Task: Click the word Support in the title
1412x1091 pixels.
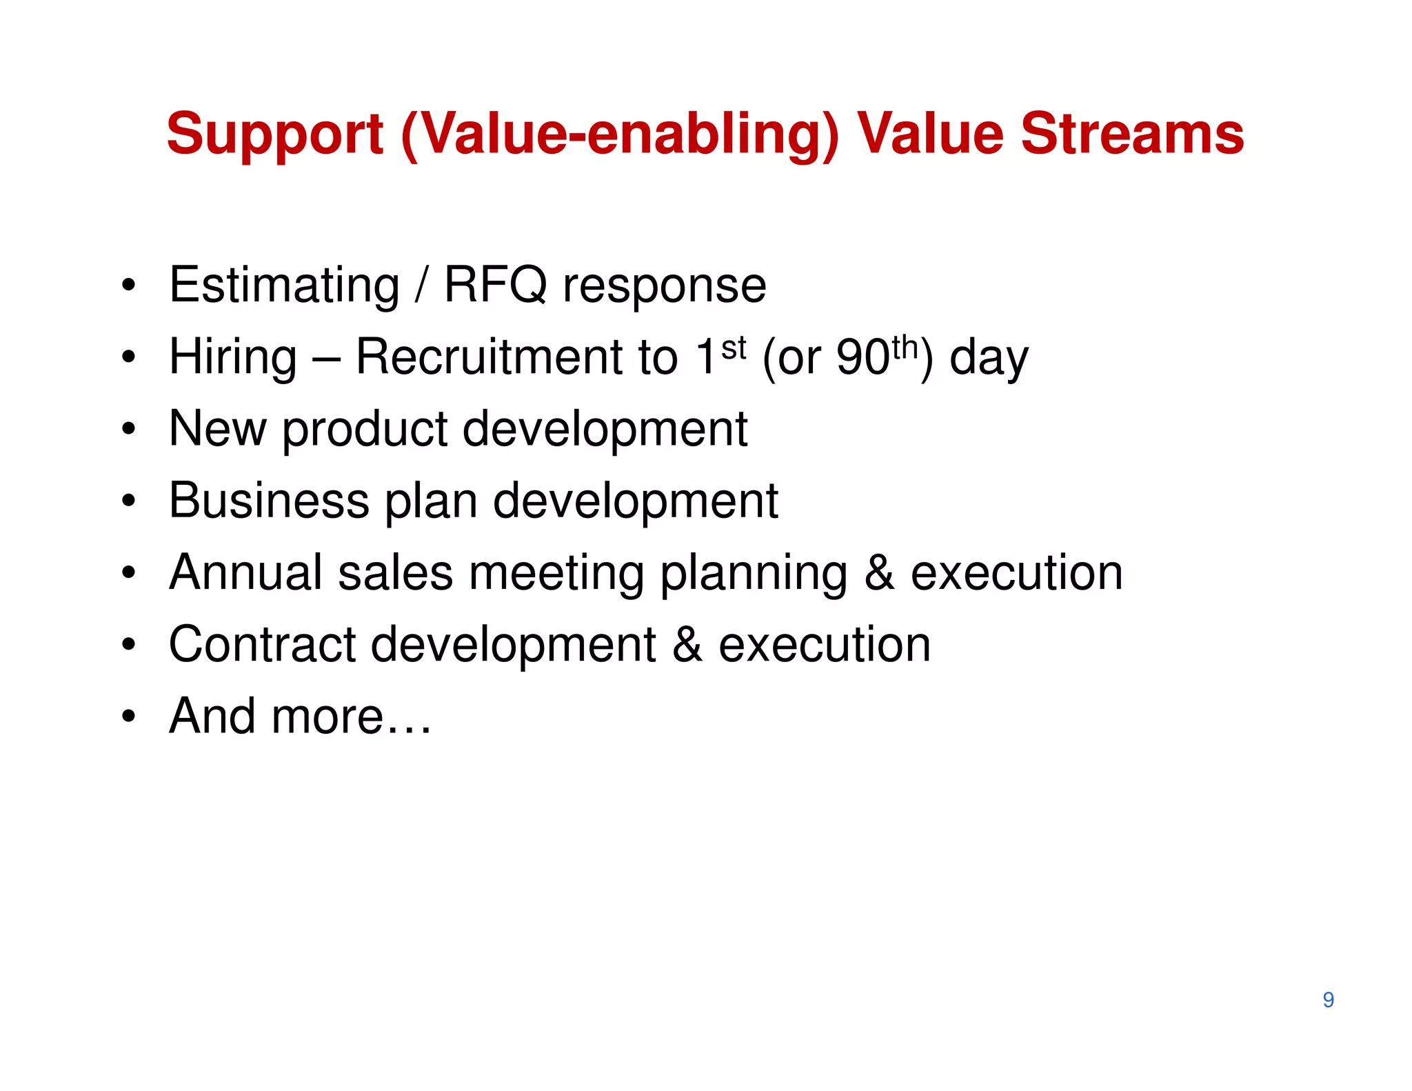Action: click(x=274, y=135)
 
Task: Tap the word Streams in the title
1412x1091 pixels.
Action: click(x=1132, y=134)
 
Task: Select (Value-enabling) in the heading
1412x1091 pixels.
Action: click(x=619, y=135)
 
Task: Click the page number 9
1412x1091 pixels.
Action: click(x=1328, y=1000)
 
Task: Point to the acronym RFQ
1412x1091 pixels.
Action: click(x=495, y=285)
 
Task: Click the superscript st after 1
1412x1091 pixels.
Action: click(x=734, y=348)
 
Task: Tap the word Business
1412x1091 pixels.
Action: click(x=269, y=501)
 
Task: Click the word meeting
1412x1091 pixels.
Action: click(x=556, y=574)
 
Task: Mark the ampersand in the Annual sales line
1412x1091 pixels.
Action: click(x=880, y=573)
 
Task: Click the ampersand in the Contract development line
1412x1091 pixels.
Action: click(x=687, y=645)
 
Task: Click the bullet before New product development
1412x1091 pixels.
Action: click(x=128, y=429)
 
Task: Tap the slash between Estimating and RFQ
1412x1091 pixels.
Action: click(x=421, y=285)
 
